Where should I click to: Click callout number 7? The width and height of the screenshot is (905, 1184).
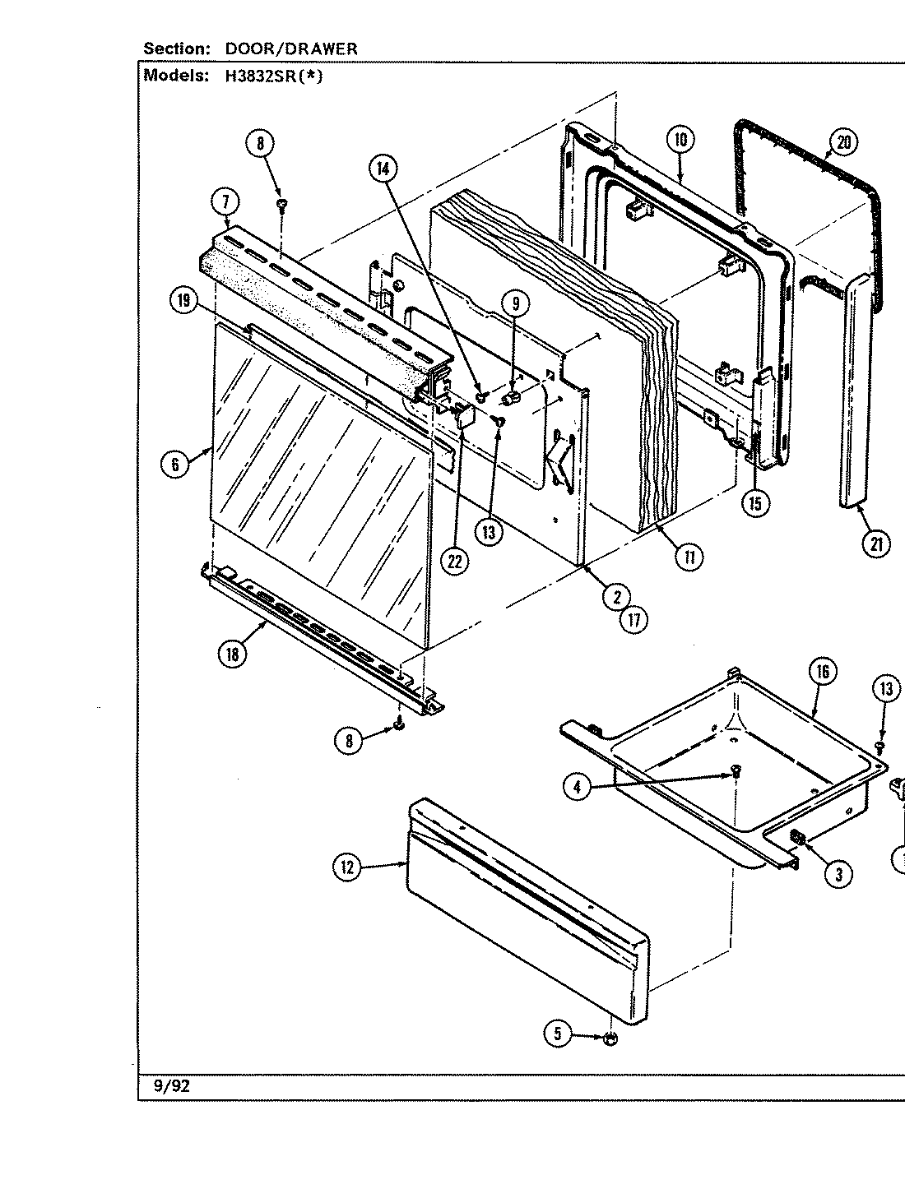tap(225, 202)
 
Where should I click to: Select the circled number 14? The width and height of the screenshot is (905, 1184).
tap(383, 169)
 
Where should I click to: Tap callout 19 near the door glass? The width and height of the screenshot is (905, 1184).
tap(183, 302)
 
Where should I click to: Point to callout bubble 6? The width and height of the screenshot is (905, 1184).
tap(174, 464)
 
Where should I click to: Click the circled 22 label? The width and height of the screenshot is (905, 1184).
tap(453, 561)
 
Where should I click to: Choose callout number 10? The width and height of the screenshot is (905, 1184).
tap(681, 141)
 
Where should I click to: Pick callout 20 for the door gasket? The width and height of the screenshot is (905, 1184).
tap(843, 142)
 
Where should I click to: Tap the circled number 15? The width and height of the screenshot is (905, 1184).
tap(755, 502)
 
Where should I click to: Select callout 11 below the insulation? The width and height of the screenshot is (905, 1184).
tap(689, 557)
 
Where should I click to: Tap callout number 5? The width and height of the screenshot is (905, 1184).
tap(558, 1034)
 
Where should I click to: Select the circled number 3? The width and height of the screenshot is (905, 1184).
tap(838, 875)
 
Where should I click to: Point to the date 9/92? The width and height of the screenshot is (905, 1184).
tap(172, 1086)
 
